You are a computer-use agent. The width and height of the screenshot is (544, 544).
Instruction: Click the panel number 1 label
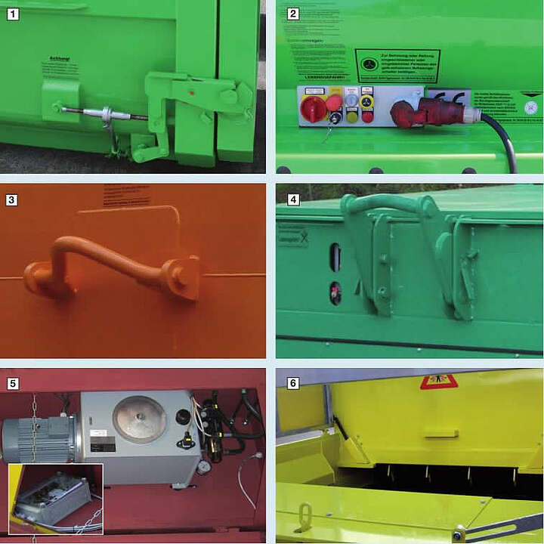13,14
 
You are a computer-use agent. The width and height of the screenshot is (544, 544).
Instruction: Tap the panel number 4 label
294,200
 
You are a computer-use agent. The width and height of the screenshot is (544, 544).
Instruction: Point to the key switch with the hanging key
330,119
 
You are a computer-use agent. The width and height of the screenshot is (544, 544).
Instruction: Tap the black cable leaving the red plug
505,139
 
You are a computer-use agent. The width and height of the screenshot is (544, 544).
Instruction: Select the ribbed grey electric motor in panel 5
38,438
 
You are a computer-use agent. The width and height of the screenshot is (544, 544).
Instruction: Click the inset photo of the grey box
56,499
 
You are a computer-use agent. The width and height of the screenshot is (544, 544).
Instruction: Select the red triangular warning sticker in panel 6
438,382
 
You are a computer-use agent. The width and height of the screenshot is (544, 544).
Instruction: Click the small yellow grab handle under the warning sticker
441,433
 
